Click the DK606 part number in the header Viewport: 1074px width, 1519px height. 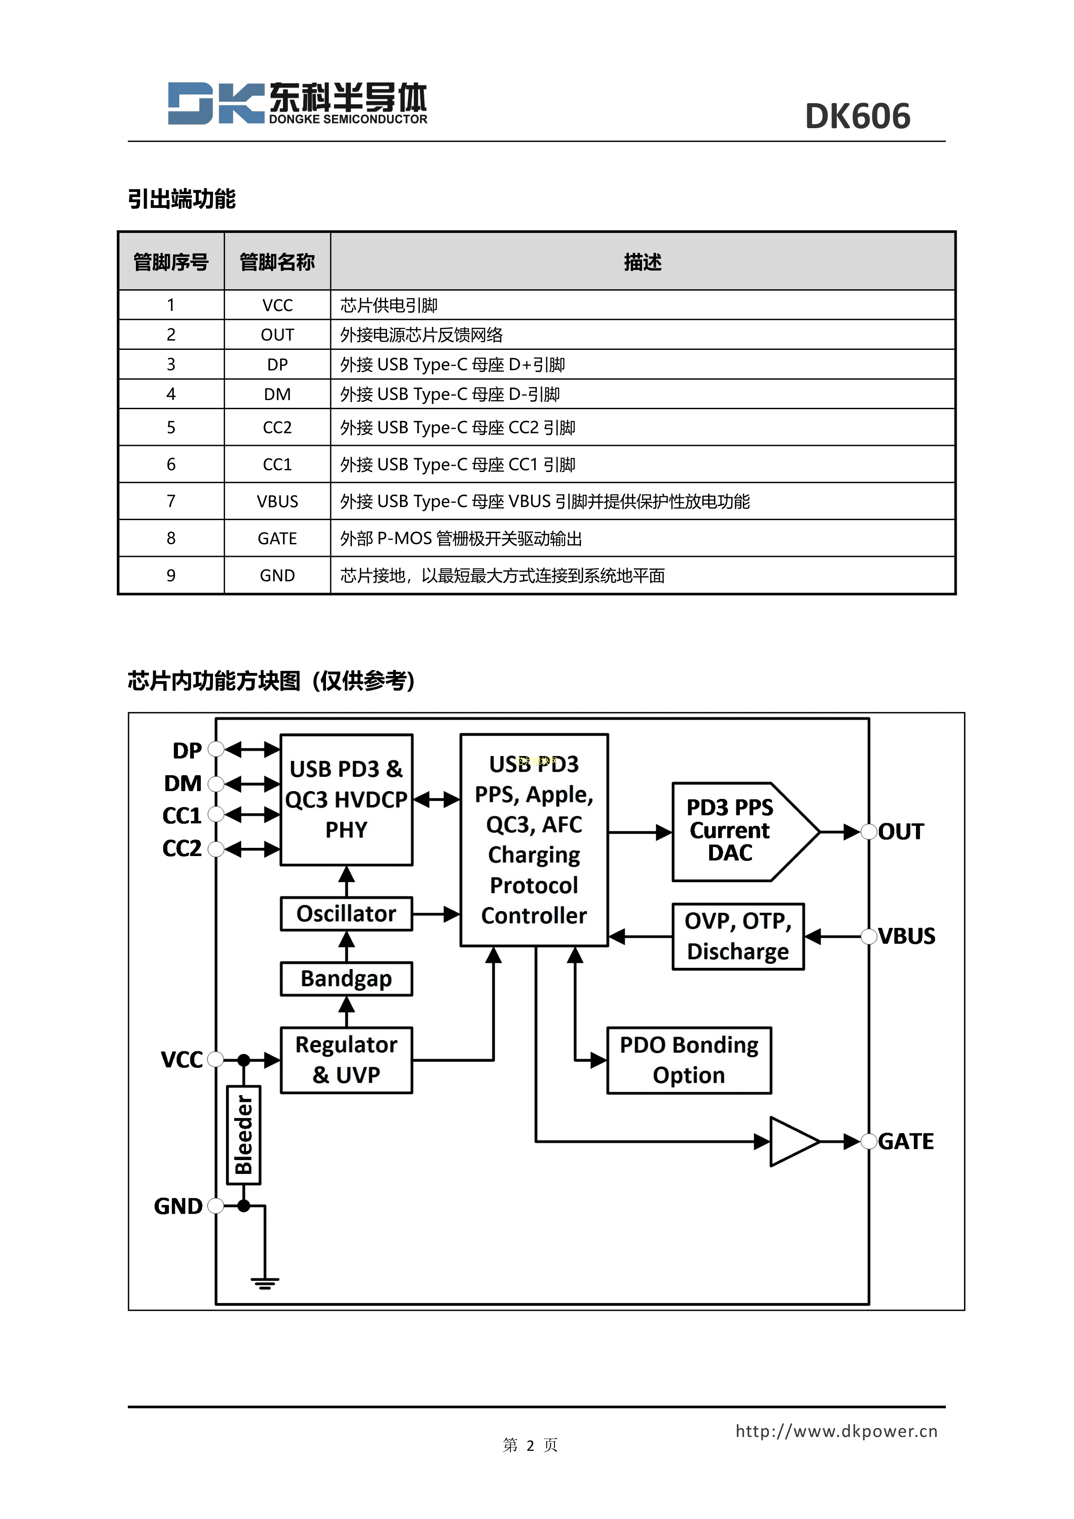[857, 116]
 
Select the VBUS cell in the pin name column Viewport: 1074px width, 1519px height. [277, 501]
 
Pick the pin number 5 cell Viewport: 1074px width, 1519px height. [171, 427]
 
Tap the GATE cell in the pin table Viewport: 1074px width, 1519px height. [277, 539]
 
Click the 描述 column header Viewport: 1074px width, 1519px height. [642, 262]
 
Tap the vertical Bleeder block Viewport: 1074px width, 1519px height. [243, 1134]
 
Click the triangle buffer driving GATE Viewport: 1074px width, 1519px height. [792, 1141]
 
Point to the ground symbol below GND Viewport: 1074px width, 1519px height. [264, 1283]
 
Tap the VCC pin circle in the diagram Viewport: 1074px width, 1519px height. [215, 1059]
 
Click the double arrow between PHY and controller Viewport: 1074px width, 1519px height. [436, 799]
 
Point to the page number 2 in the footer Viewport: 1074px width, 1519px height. [530, 1445]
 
